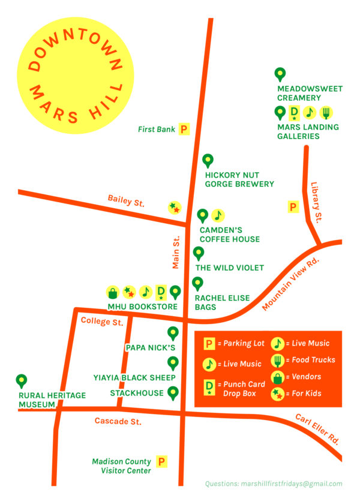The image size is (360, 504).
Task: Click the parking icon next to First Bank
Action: [x=184, y=129]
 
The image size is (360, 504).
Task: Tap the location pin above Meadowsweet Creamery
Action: [x=280, y=74]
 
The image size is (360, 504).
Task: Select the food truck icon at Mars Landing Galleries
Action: [x=326, y=112]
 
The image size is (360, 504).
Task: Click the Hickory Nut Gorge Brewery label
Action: [x=239, y=179]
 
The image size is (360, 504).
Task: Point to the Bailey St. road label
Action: [x=126, y=200]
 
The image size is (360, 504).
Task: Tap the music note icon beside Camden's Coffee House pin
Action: [x=218, y=215]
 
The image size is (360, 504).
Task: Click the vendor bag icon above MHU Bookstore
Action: [x=112, y=292]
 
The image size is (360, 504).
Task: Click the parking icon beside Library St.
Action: [x=293, y=207]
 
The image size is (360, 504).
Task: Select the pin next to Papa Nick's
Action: [x=173, y=333]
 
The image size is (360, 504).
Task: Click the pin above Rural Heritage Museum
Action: [x=22, y=381]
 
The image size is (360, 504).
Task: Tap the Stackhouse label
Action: [x=137, y=393]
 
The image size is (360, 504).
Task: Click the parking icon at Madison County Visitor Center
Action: [x=161, y=462]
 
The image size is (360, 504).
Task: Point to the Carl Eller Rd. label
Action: [x=317, y=428]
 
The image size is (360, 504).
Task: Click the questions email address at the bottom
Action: [x=274, y=484]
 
